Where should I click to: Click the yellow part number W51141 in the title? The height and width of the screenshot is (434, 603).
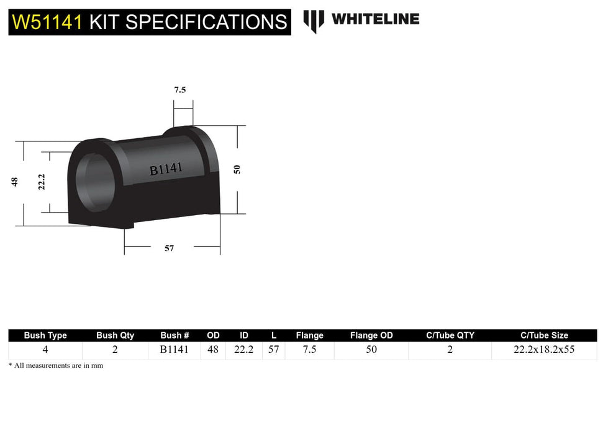(x=48, y=22)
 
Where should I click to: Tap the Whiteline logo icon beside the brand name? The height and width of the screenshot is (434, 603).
(x=314, y=21)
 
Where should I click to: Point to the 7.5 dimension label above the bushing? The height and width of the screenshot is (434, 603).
(x=179, y=90)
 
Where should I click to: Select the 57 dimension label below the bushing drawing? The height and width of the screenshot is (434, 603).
(x=169, y=248)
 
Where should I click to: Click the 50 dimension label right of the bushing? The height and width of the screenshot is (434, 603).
(x=237, y=169)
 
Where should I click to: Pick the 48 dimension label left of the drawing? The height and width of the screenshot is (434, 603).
(x=14, y=181)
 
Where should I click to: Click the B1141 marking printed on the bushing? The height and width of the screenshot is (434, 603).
(x=166, y=168)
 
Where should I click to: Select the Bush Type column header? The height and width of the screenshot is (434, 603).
(x=45, y=335)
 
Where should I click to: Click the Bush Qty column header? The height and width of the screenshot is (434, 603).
(x=115, y=335)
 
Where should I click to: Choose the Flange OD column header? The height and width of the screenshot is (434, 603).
(x=371, y=335)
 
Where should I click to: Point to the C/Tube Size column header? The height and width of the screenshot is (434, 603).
(x=543, y=335)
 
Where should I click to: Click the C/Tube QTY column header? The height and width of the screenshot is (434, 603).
(x=450, y=335)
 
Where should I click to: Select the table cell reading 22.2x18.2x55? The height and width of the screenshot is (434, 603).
(x=543, y=350)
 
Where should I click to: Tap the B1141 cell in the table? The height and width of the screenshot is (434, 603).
(x=174, y=350)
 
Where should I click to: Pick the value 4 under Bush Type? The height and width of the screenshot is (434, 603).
(x=45, y=350)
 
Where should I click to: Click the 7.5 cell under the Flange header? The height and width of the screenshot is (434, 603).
(x=309, y=350)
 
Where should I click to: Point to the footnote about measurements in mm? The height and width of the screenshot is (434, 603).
(x=56, y=366)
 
